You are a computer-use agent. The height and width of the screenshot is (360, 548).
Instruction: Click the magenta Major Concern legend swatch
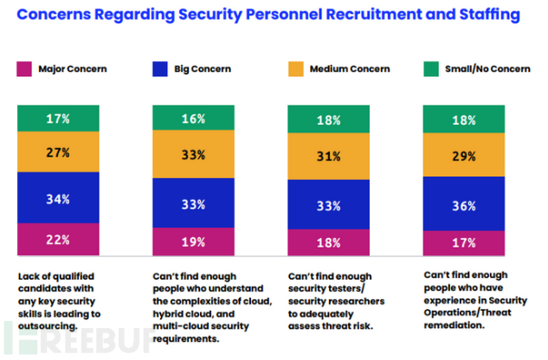[23, 68]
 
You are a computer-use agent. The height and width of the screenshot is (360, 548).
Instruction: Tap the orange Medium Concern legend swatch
[295, 68]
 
